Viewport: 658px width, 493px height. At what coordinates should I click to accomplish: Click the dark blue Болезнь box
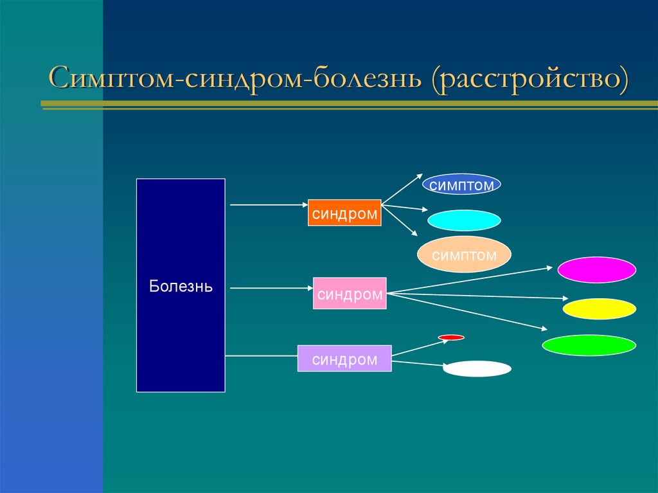click(181, 285)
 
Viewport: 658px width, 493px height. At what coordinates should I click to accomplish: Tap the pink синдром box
click(350, 294)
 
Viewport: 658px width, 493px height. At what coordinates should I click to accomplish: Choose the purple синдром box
click(344, 359)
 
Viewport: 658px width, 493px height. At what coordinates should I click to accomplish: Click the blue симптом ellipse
click(461, 185)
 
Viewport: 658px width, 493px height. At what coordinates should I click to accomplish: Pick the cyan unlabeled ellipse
click(464, 220)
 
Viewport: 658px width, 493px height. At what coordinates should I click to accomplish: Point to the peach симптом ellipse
click(464, 255)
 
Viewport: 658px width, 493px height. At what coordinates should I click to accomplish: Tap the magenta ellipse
click(596, 270)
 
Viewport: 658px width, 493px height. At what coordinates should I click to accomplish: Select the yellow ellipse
click(599, 309)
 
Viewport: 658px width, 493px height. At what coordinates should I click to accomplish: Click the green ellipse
click(589, 345)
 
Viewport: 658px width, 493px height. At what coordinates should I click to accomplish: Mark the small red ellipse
click(451, 337)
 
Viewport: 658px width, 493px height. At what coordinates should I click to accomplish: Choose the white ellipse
click(477, 369)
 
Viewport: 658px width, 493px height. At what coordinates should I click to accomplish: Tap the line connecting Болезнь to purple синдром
click(261, 355)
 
